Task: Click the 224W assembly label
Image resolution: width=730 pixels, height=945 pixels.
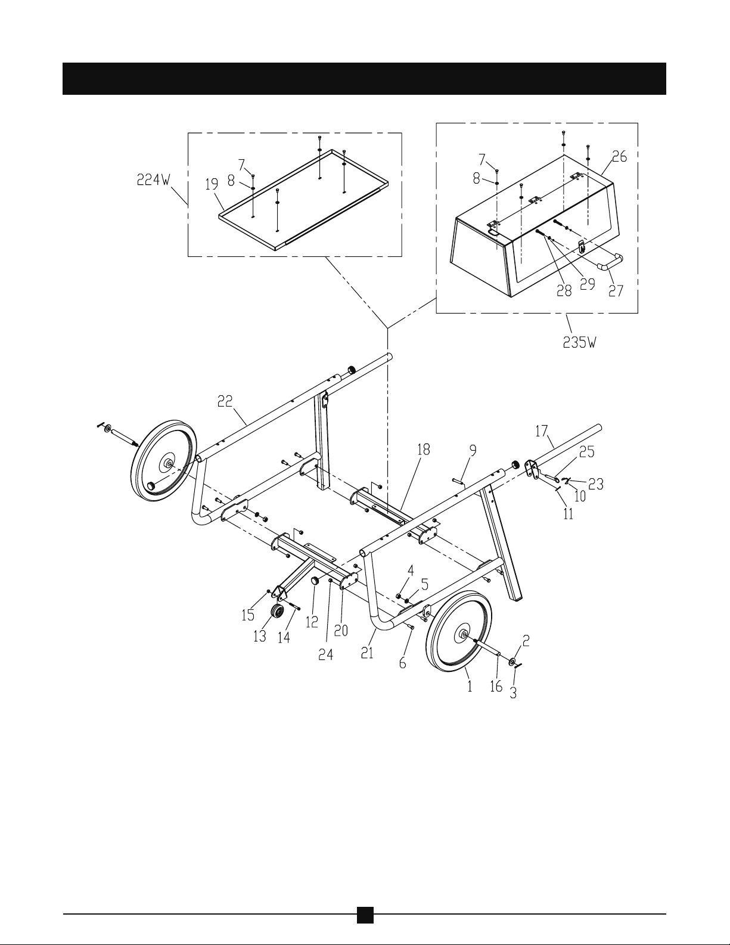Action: [154, 179]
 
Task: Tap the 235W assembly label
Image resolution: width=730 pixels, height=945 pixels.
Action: [580, 343]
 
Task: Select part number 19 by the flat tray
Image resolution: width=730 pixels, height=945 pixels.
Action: [212, 185]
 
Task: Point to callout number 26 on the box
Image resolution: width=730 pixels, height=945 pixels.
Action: [620, 157]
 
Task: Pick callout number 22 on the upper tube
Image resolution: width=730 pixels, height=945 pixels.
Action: [225, 401]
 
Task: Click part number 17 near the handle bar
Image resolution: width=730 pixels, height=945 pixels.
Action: [542, 432]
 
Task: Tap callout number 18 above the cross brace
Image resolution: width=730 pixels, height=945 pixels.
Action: [424, 450]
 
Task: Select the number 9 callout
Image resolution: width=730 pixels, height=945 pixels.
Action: [473, 451]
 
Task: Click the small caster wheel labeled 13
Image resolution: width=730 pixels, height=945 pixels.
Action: [277, 612]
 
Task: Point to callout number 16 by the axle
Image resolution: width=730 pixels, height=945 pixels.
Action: [496, 686]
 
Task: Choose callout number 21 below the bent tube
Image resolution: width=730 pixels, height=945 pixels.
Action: [367, 653]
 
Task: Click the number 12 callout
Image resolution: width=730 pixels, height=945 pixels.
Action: [312, 622]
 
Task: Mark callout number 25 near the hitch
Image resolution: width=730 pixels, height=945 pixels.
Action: [586, 452]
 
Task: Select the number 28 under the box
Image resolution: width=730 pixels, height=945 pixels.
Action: [564, 291]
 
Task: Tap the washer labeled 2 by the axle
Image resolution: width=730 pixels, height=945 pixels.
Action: [514, 662]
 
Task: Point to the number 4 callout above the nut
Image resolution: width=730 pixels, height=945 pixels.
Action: [411, 570]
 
